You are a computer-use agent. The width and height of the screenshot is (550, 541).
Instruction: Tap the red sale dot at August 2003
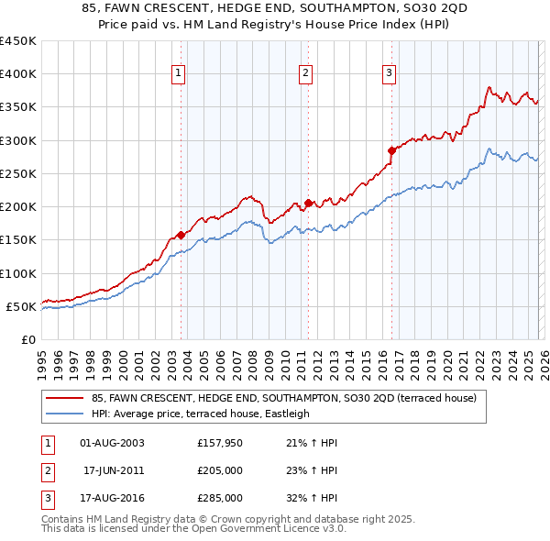pos(181,235)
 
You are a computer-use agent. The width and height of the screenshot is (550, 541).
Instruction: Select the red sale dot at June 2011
pos(308,204)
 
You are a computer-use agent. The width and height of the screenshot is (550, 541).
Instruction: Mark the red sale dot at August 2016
pos(391,150)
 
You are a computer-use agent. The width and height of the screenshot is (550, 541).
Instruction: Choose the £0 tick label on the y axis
pos(27,339)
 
